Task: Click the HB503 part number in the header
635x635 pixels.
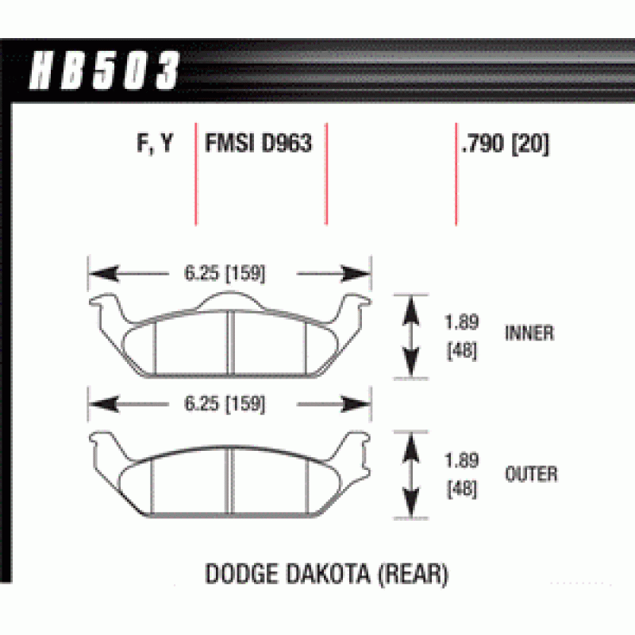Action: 104,70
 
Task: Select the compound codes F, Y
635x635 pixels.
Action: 155,144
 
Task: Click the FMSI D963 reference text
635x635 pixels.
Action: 259,143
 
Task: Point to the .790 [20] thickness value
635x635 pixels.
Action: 506,144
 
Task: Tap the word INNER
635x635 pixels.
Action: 529,333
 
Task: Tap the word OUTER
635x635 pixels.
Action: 531,474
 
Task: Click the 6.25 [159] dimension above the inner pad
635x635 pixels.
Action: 225,273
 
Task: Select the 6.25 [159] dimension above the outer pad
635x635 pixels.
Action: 225,404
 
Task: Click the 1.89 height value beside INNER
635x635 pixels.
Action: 462,322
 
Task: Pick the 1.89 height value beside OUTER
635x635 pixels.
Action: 462,460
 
